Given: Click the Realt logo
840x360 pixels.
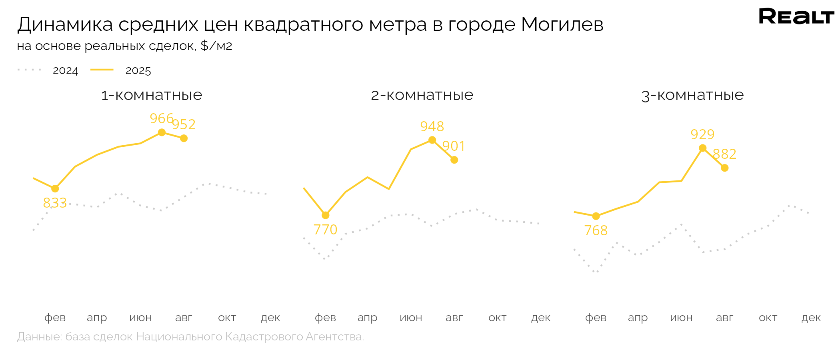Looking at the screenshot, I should tap(796, 17).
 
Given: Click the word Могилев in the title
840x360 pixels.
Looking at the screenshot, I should tap(562, 25).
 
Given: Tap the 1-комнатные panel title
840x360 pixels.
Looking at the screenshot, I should tap(152, 95).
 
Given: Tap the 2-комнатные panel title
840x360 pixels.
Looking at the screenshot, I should tap(422, 95).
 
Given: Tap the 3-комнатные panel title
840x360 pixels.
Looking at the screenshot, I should tap(692, 95).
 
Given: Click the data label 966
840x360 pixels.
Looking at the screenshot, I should tap(161, 118).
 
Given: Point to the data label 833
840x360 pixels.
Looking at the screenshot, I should tap(55, 203).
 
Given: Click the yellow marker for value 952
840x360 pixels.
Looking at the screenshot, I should tap(184, 138).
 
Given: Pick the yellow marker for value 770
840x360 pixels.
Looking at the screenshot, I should tap(326, 215).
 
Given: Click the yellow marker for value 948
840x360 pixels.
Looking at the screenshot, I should tap(432, 140).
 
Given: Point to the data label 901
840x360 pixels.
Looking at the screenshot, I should tap(454, 146).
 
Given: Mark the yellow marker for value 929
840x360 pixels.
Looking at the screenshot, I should tap(702, 148).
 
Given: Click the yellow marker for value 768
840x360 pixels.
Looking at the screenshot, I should tap(596, 216).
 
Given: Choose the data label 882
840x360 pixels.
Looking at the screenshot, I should tap(724, 154).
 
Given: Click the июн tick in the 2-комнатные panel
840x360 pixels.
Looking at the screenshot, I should tap(411, 318).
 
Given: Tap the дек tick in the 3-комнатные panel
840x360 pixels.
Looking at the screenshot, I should tap(811, 318).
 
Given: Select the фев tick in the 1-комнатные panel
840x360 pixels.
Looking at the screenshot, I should tap(55, 318).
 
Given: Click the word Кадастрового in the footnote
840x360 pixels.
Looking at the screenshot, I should tap(264, 337).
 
